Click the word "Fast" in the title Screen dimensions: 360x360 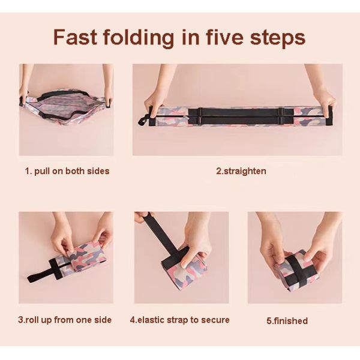[x=76, y=37]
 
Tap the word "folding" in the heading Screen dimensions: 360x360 [x=139, y=38]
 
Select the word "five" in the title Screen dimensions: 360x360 [x=224, y=37]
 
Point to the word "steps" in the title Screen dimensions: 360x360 [x=278, y=38]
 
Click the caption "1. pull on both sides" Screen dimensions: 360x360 [x=67, y=171]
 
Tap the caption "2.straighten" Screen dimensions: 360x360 [x=241, y=171]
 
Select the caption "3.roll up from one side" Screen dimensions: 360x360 [x=65, y=320]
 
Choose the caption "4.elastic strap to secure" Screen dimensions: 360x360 [x=180, y=320]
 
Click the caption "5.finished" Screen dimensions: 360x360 [x=287, y=320]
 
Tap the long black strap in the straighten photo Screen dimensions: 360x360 [x=241, y=116]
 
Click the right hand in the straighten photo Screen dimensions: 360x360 [x=322, y=94]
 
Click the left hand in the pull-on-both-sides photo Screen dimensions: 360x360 [x=26, y=92]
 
